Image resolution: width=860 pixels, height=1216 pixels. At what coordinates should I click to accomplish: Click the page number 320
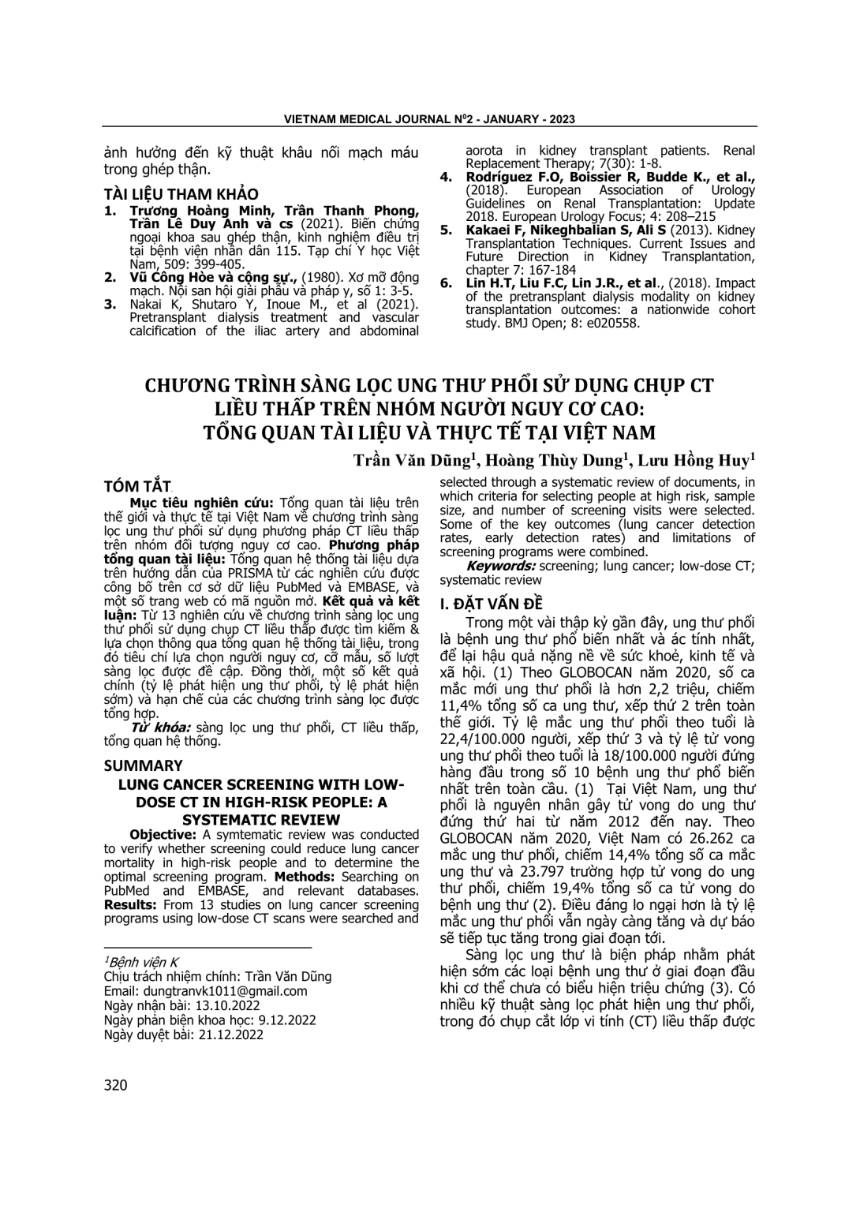point(115,1086)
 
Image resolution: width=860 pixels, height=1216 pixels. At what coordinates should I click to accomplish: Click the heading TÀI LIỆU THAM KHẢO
point(181,194)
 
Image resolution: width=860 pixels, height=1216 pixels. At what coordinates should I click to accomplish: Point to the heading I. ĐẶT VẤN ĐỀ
point(492,604)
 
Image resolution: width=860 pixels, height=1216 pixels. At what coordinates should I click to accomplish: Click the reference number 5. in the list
point(446,230)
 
